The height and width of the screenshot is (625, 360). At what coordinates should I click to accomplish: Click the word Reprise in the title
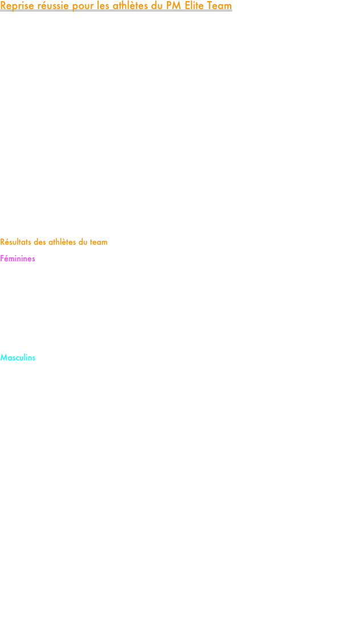click(16, 6)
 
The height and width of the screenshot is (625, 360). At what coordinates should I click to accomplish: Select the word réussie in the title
click(52, 6)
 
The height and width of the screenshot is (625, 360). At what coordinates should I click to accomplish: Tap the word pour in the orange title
click(83, 7)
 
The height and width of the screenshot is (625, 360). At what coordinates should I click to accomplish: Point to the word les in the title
click(103, 6)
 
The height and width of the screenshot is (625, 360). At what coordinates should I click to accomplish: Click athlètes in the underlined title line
click(131, 6)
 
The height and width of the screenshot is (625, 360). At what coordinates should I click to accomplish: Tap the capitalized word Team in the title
click(220, 6)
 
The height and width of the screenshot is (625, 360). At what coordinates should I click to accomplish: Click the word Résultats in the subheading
click(15, 242)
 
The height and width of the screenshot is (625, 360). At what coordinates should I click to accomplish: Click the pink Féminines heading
click(18, 258)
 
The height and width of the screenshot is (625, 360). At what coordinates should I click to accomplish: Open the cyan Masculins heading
click(18, 357)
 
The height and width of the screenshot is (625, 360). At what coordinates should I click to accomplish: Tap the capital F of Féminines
click(2, 258)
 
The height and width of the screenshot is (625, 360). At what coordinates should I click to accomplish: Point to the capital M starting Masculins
click(3, 358)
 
